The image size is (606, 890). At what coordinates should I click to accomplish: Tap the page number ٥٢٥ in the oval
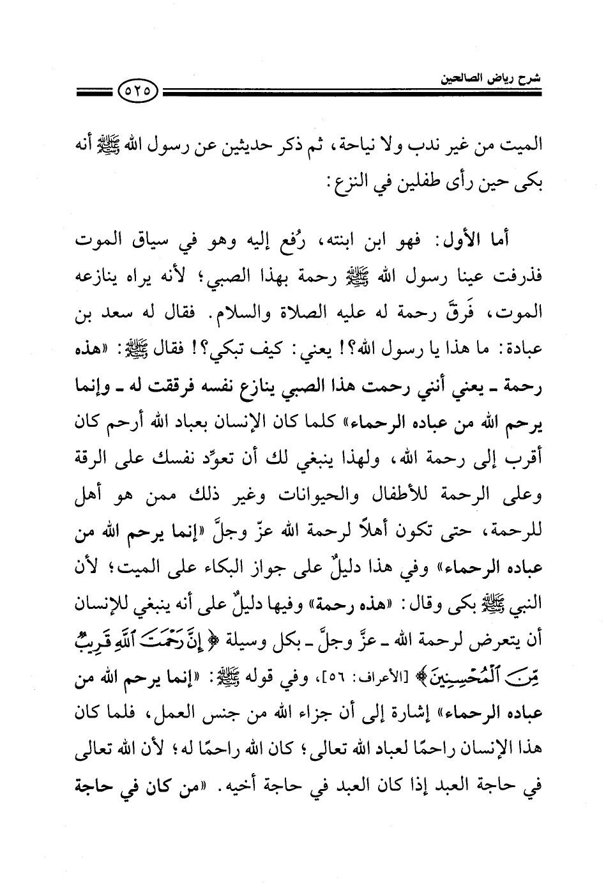138,93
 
